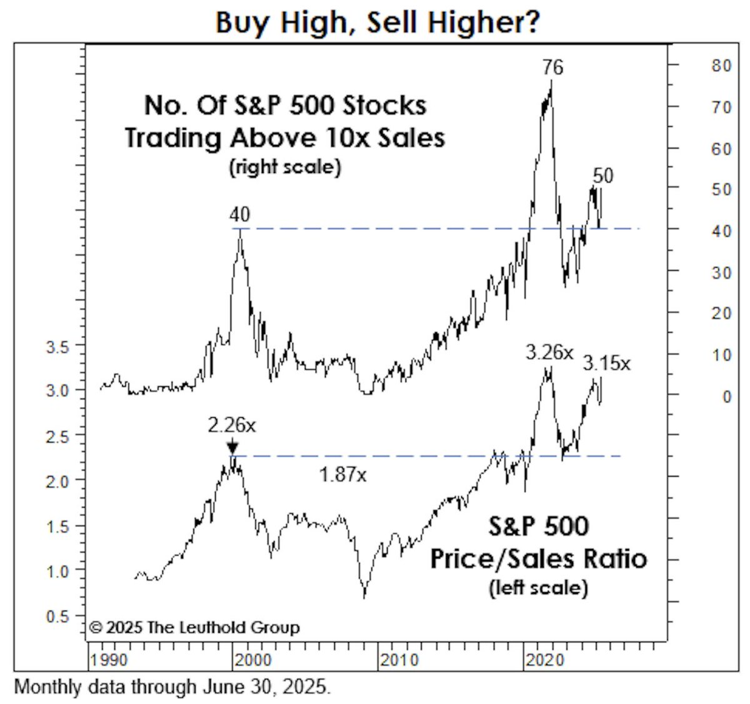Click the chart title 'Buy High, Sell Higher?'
[x=377, y=22]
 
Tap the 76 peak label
[x=552, y=67]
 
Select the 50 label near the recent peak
[x=602, y=176]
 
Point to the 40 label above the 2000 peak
[x=239, y=215]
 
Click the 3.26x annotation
[x=549, y=353]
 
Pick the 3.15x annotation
[x=607, y=362]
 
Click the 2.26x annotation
[x=232, y=425]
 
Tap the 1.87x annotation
[x=342, y=475]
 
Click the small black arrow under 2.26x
[x=232, y=447]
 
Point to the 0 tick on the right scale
[x=726, y=397]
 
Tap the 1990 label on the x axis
[x=109, y=660]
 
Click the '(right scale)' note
[x=285, y=167]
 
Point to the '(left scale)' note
[x=538, y=588]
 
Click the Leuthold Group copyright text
[x=194, y=627]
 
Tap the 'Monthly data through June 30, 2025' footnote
[x=171, y=687]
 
